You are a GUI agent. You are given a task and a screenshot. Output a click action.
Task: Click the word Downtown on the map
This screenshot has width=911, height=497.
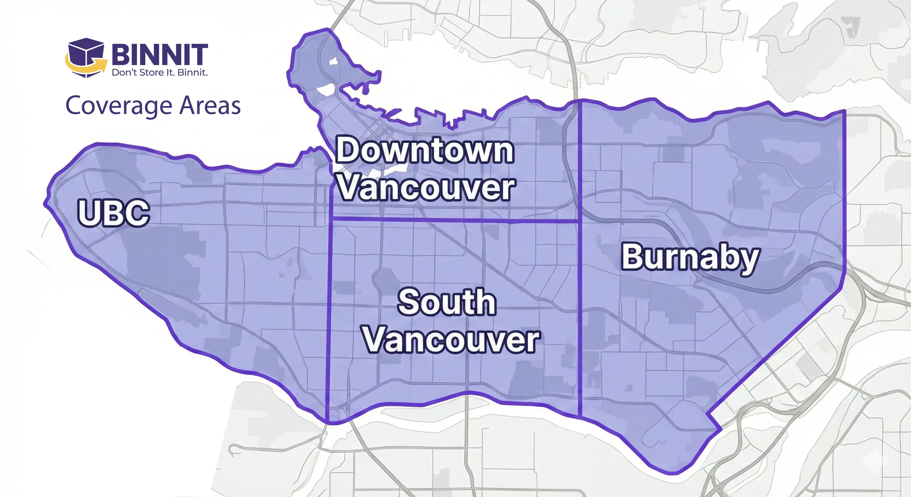coord(425,151)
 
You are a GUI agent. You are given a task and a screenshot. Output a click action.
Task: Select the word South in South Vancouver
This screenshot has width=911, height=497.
coord(447,302)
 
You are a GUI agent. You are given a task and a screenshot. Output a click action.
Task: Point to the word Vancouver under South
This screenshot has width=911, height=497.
coord(451,339)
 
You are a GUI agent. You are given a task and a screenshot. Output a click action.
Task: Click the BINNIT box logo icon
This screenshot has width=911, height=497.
coord(86,57)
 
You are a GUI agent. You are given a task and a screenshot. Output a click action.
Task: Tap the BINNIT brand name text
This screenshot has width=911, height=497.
coord(159,55)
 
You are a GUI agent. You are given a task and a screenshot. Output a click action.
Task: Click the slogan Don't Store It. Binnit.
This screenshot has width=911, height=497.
coord(159,72)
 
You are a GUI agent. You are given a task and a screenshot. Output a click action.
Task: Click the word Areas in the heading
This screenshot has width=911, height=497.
coord(210,105)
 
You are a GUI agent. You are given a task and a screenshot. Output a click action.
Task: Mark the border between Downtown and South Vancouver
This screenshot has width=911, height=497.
coord(455,220)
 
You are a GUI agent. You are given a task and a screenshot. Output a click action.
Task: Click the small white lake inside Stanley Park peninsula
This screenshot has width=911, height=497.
coord(334,61)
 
